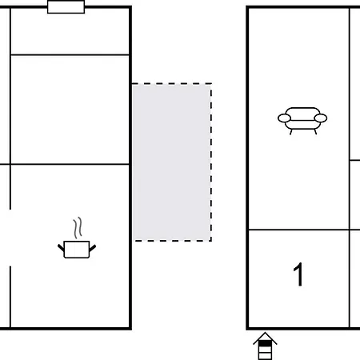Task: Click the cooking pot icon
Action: point(77,249)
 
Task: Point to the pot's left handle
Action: point(61,247)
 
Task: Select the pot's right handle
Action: point(93,247)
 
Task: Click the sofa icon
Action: point(302,119)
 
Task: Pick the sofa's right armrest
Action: point(322,118)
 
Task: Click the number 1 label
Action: point(298,275)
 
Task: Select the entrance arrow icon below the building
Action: point(266,347)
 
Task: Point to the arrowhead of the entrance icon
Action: point(266,338)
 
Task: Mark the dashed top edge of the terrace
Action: point(171,83)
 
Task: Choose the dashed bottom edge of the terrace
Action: point(171,240)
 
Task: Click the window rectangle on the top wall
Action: point(66,7)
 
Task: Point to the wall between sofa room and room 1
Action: point(298,230)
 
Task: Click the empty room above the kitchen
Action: point(70,110)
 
